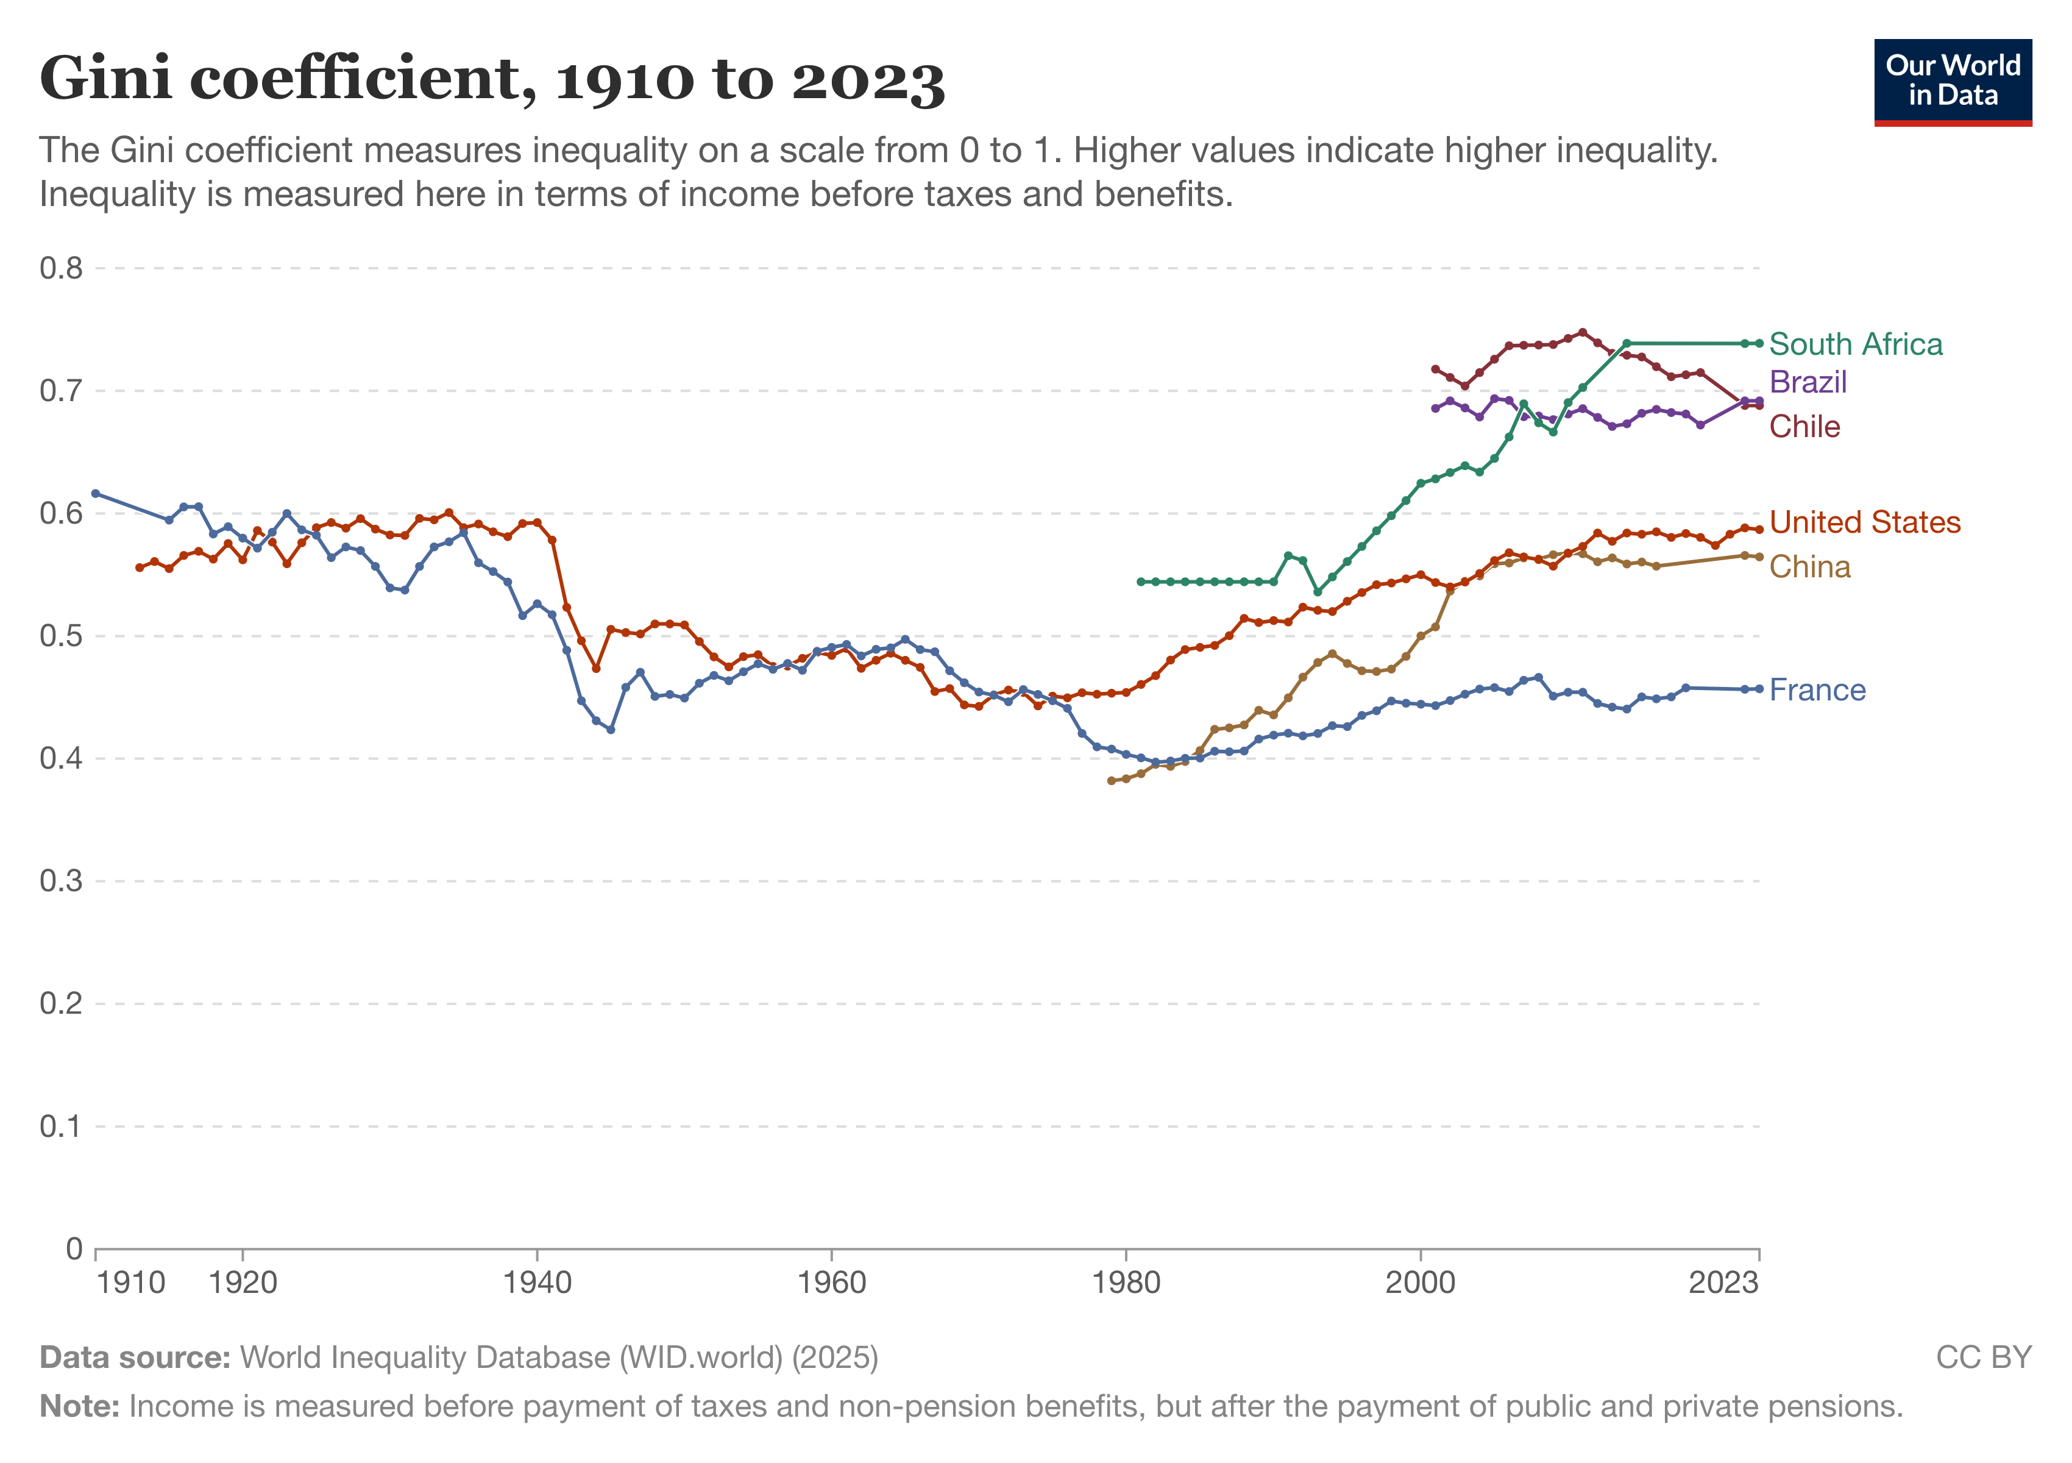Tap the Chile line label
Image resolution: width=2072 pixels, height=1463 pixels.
(1804, 426)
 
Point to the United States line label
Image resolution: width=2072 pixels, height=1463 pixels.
(1864, 522)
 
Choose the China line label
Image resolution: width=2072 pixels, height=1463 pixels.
(1809, 567)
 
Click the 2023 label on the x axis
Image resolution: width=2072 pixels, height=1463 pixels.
(1723, 1283)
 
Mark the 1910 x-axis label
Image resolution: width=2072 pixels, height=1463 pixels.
(131, 1283)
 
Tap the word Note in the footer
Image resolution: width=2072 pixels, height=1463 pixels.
(79, 1406)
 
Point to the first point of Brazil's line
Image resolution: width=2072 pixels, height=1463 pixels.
(1435, 408)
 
